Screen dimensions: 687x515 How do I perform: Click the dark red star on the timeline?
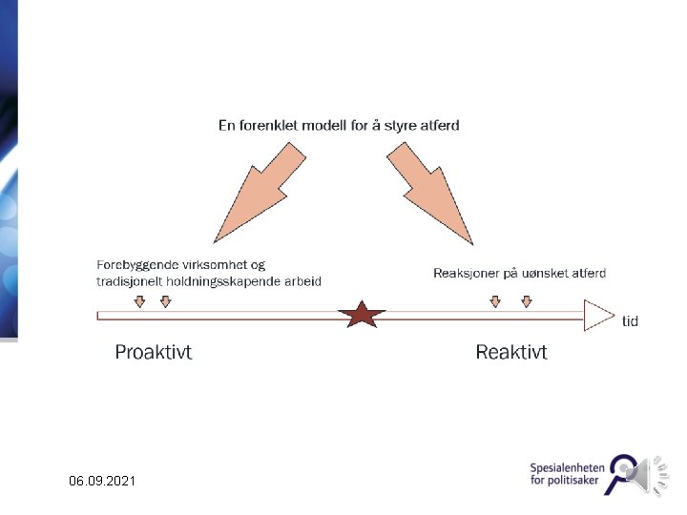362,314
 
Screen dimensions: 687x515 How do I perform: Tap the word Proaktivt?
154,353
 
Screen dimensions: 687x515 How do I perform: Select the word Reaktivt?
511,353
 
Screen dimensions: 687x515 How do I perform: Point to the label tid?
630,321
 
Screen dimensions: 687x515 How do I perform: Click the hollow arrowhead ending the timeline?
597,315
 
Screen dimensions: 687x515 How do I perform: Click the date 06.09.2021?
102,483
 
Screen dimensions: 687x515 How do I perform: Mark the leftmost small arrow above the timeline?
139,301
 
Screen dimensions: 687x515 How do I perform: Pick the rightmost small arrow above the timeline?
526,301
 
